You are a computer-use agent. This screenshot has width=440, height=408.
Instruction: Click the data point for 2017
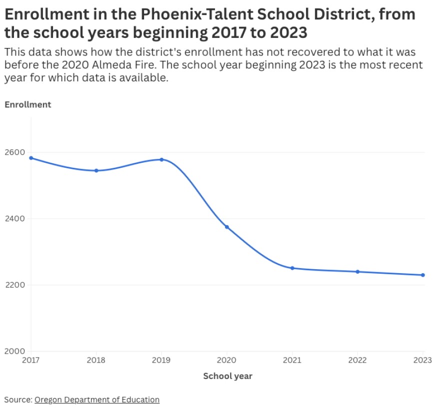[x=31, y=158]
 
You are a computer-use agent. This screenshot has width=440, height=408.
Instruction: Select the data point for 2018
[x=96, y=171]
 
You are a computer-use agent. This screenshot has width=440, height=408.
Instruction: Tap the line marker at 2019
[x=161, y=159]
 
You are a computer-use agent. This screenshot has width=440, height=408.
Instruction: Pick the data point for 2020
[x=227, y=227]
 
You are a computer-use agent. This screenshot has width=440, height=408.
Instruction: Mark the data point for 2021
[x=292, y=268]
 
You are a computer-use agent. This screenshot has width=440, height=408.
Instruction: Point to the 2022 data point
[x=357, y=272]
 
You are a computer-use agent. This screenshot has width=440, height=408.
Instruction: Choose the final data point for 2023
[x=423, y=275]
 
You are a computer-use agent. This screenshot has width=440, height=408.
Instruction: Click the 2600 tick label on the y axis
[x=14, y=152]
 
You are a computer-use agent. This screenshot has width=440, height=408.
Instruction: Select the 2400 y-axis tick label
[x=14, y=219]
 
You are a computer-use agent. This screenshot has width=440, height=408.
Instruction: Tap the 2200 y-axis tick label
[x=14, y=285]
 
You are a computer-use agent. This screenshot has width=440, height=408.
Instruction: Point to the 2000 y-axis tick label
[x=14, y=351]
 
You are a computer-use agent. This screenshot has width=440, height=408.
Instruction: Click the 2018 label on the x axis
[x=96, y=360]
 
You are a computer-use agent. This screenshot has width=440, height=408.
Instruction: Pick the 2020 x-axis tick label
[x=227, y=360]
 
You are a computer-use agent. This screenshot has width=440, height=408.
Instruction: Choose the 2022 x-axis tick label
[x=357, y=360]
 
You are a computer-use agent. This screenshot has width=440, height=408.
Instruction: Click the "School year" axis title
[x=227, y=376]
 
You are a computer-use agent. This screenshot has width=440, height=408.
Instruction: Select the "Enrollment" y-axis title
[x=28, y=104]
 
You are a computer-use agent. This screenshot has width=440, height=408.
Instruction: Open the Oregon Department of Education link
[x=97, y=400]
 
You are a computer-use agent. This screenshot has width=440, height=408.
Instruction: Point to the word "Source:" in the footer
[x=18, y=400]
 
